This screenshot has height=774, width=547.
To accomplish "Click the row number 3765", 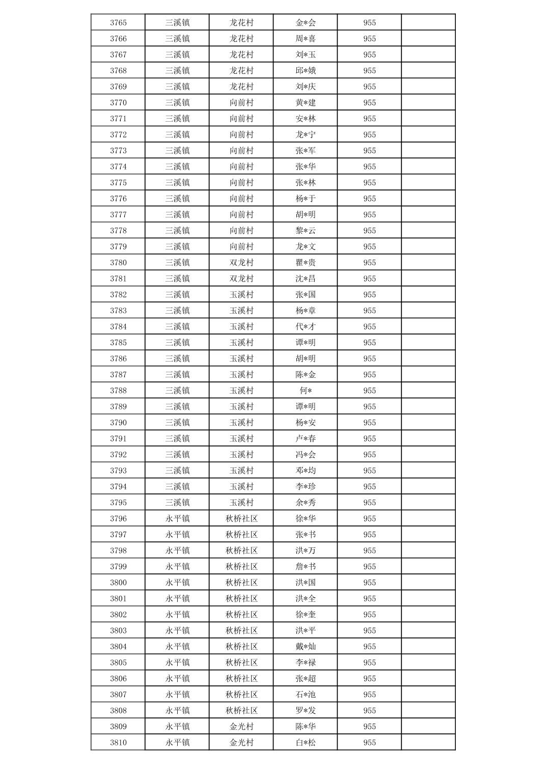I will (118, 22).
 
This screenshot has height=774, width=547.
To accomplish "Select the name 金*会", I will (306, 22).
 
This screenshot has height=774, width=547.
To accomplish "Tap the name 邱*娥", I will (306, 70).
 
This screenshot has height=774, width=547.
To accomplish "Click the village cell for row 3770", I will (241, 102).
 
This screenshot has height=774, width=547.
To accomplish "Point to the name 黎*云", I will (306, 230).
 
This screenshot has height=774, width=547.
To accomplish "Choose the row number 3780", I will (118, 262).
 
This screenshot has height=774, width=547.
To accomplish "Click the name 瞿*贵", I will (306, 262).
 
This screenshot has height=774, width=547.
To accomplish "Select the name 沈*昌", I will (306, 279).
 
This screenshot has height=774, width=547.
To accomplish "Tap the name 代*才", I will (306, 326).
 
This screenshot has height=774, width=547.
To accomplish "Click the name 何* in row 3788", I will (306, 391).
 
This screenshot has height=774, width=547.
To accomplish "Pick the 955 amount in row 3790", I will (369, 422).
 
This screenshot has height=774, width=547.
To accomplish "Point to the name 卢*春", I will (306, 438).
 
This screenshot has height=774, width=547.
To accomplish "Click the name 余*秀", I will (306, 502).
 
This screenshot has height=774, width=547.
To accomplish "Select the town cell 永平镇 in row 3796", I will (177, 518).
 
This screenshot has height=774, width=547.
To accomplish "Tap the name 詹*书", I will (306, 566).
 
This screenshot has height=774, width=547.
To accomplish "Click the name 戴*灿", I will (306, 646).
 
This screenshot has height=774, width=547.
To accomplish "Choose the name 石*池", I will (306, 694).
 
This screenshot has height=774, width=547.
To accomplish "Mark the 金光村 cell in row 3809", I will (241, 726).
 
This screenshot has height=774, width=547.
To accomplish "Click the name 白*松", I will (306, 742).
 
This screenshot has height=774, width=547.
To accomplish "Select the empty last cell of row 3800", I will (428, 582).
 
